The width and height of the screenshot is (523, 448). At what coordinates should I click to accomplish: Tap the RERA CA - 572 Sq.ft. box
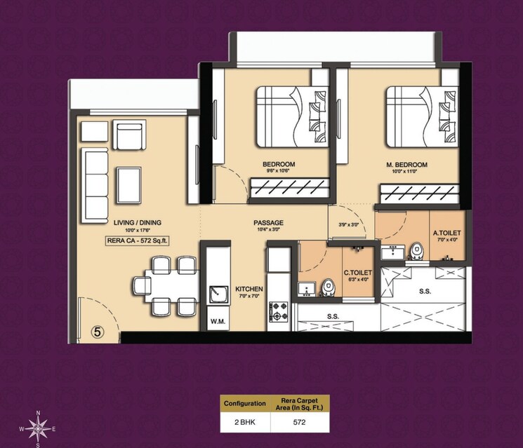pyautogui.click(x=138, y=240)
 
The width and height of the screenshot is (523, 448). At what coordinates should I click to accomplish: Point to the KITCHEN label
pyautogui.click(x=249, y=288)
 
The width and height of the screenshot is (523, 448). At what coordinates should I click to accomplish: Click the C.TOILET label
pyautogui.click(x=356, y=273)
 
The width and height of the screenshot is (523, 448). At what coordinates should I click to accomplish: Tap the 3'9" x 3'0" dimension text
pyautogui.click(x=348, y=224)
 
